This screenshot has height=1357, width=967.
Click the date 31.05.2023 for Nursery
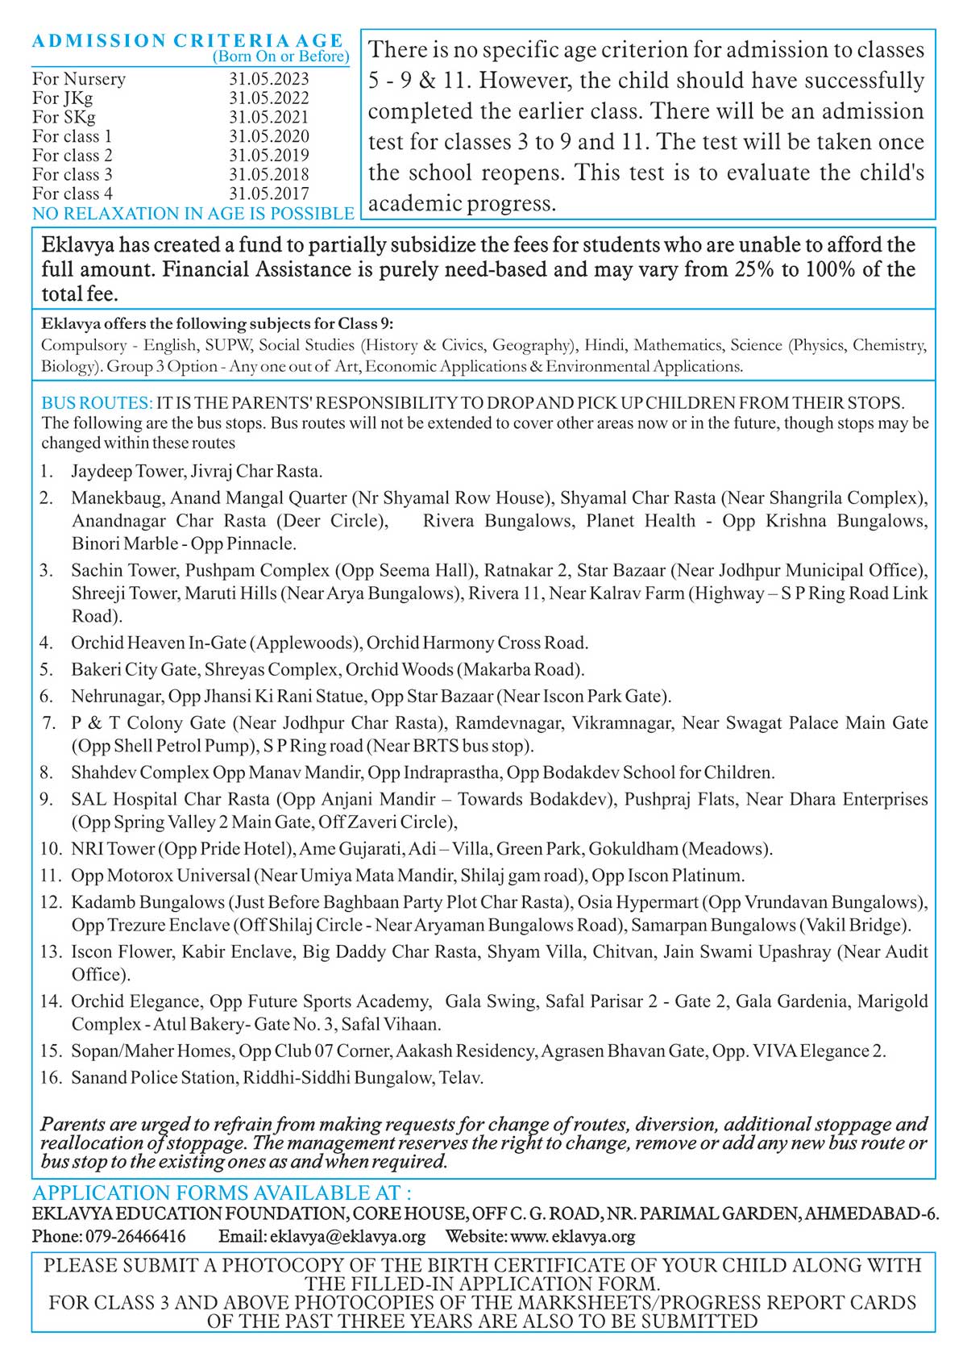(268, 79)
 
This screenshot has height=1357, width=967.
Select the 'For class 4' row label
(73, 194)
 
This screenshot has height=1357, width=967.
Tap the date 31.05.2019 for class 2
(268, 156)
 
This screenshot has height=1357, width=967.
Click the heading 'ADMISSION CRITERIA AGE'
(188, 40)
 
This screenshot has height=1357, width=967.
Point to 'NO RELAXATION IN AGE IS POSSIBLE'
(193, 214)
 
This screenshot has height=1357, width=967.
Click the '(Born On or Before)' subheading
(280, 56)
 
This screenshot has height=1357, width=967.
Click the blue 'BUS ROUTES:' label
(97, 403)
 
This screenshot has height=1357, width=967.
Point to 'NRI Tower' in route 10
(112, 849)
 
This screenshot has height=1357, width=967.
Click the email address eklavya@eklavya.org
(347, 1236)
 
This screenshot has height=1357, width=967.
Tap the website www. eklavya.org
(572, 1236)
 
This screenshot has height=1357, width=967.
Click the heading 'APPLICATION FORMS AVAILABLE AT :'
(222, 1193)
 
